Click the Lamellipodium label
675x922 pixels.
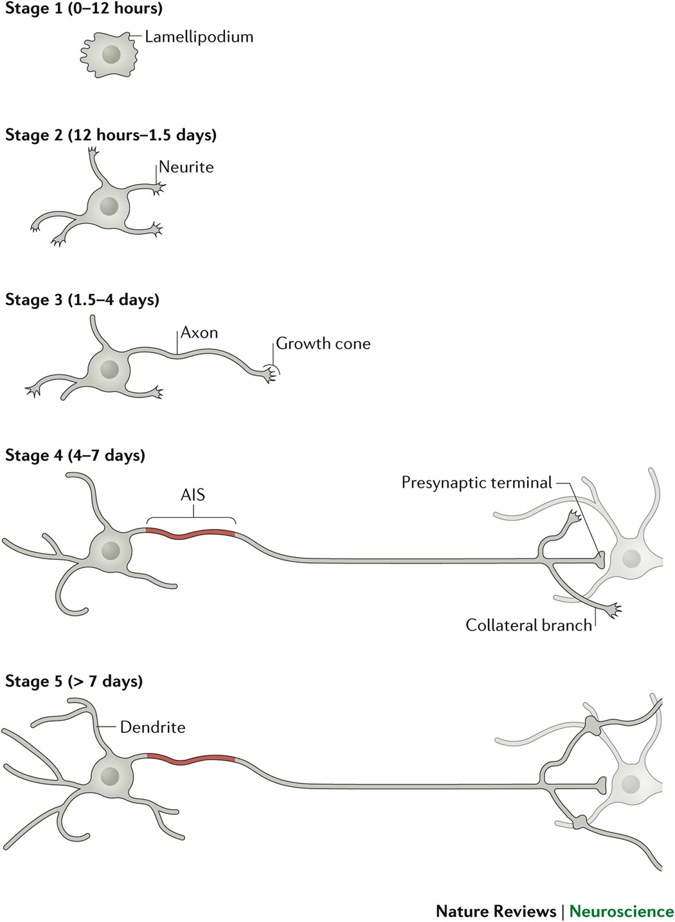pos(199,37)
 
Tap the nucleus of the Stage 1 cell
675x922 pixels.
pos(111,53)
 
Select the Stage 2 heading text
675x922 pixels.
pos(111,135)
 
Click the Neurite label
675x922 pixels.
pos(186,167)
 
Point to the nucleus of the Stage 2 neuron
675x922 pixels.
pos(109,207)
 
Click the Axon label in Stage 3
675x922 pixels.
pos(199,333)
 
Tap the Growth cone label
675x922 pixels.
pos(323,344)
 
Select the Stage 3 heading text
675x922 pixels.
pos(82,300)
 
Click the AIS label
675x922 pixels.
pos(192,495)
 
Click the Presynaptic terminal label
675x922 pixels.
pos(476,483)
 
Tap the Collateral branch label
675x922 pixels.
pos(528,625)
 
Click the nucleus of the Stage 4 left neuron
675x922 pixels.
pos(111,551)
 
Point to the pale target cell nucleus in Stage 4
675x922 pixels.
pos(631,558)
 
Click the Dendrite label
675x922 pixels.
pos(152,727)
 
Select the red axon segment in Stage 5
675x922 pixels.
pos(191,758)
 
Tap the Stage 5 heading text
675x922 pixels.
pos(74,681)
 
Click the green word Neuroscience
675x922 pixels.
pos(621,911)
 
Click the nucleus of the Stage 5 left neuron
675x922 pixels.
pos(111,776)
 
